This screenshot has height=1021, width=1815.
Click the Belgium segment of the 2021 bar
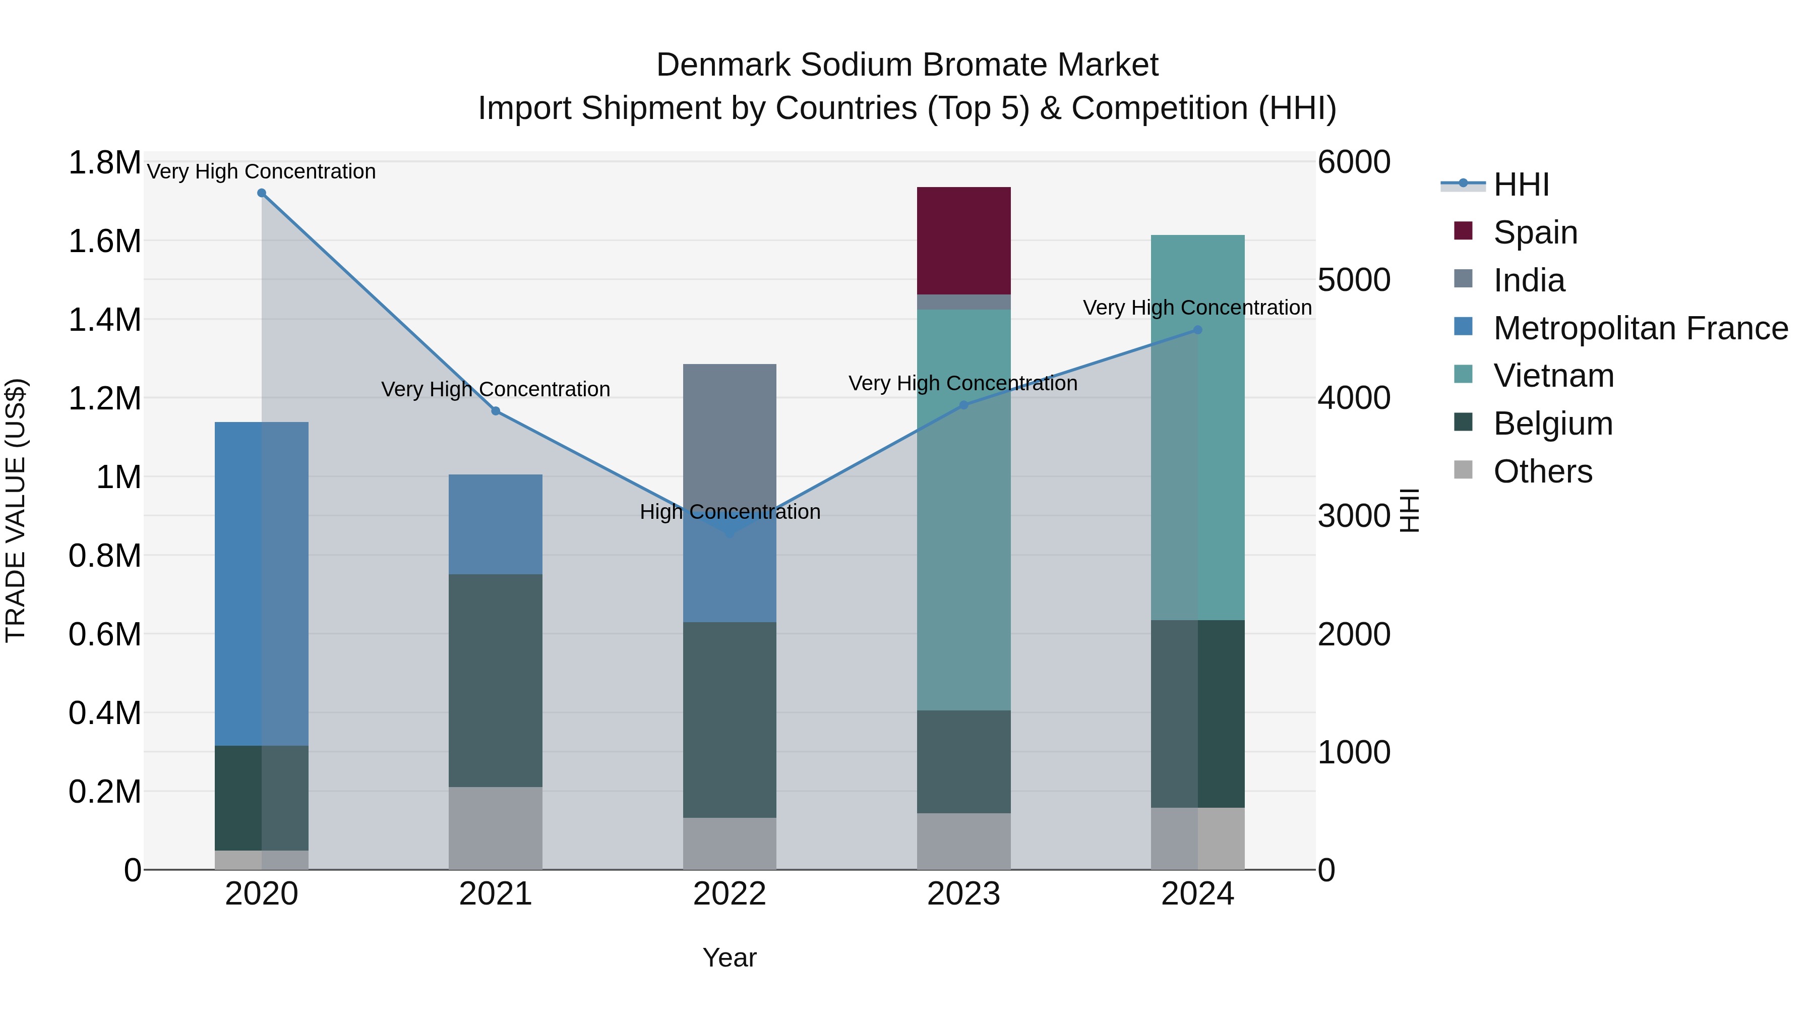tap(495, 680)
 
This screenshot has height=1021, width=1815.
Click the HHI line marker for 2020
tap(261, 193)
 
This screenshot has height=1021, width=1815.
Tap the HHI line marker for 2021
tap(495, 411)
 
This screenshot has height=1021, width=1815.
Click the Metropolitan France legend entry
tap(1640, 328)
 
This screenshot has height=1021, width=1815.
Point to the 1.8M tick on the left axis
tap(104, 163)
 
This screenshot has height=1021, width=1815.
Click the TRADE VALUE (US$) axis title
tap(16, 510)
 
